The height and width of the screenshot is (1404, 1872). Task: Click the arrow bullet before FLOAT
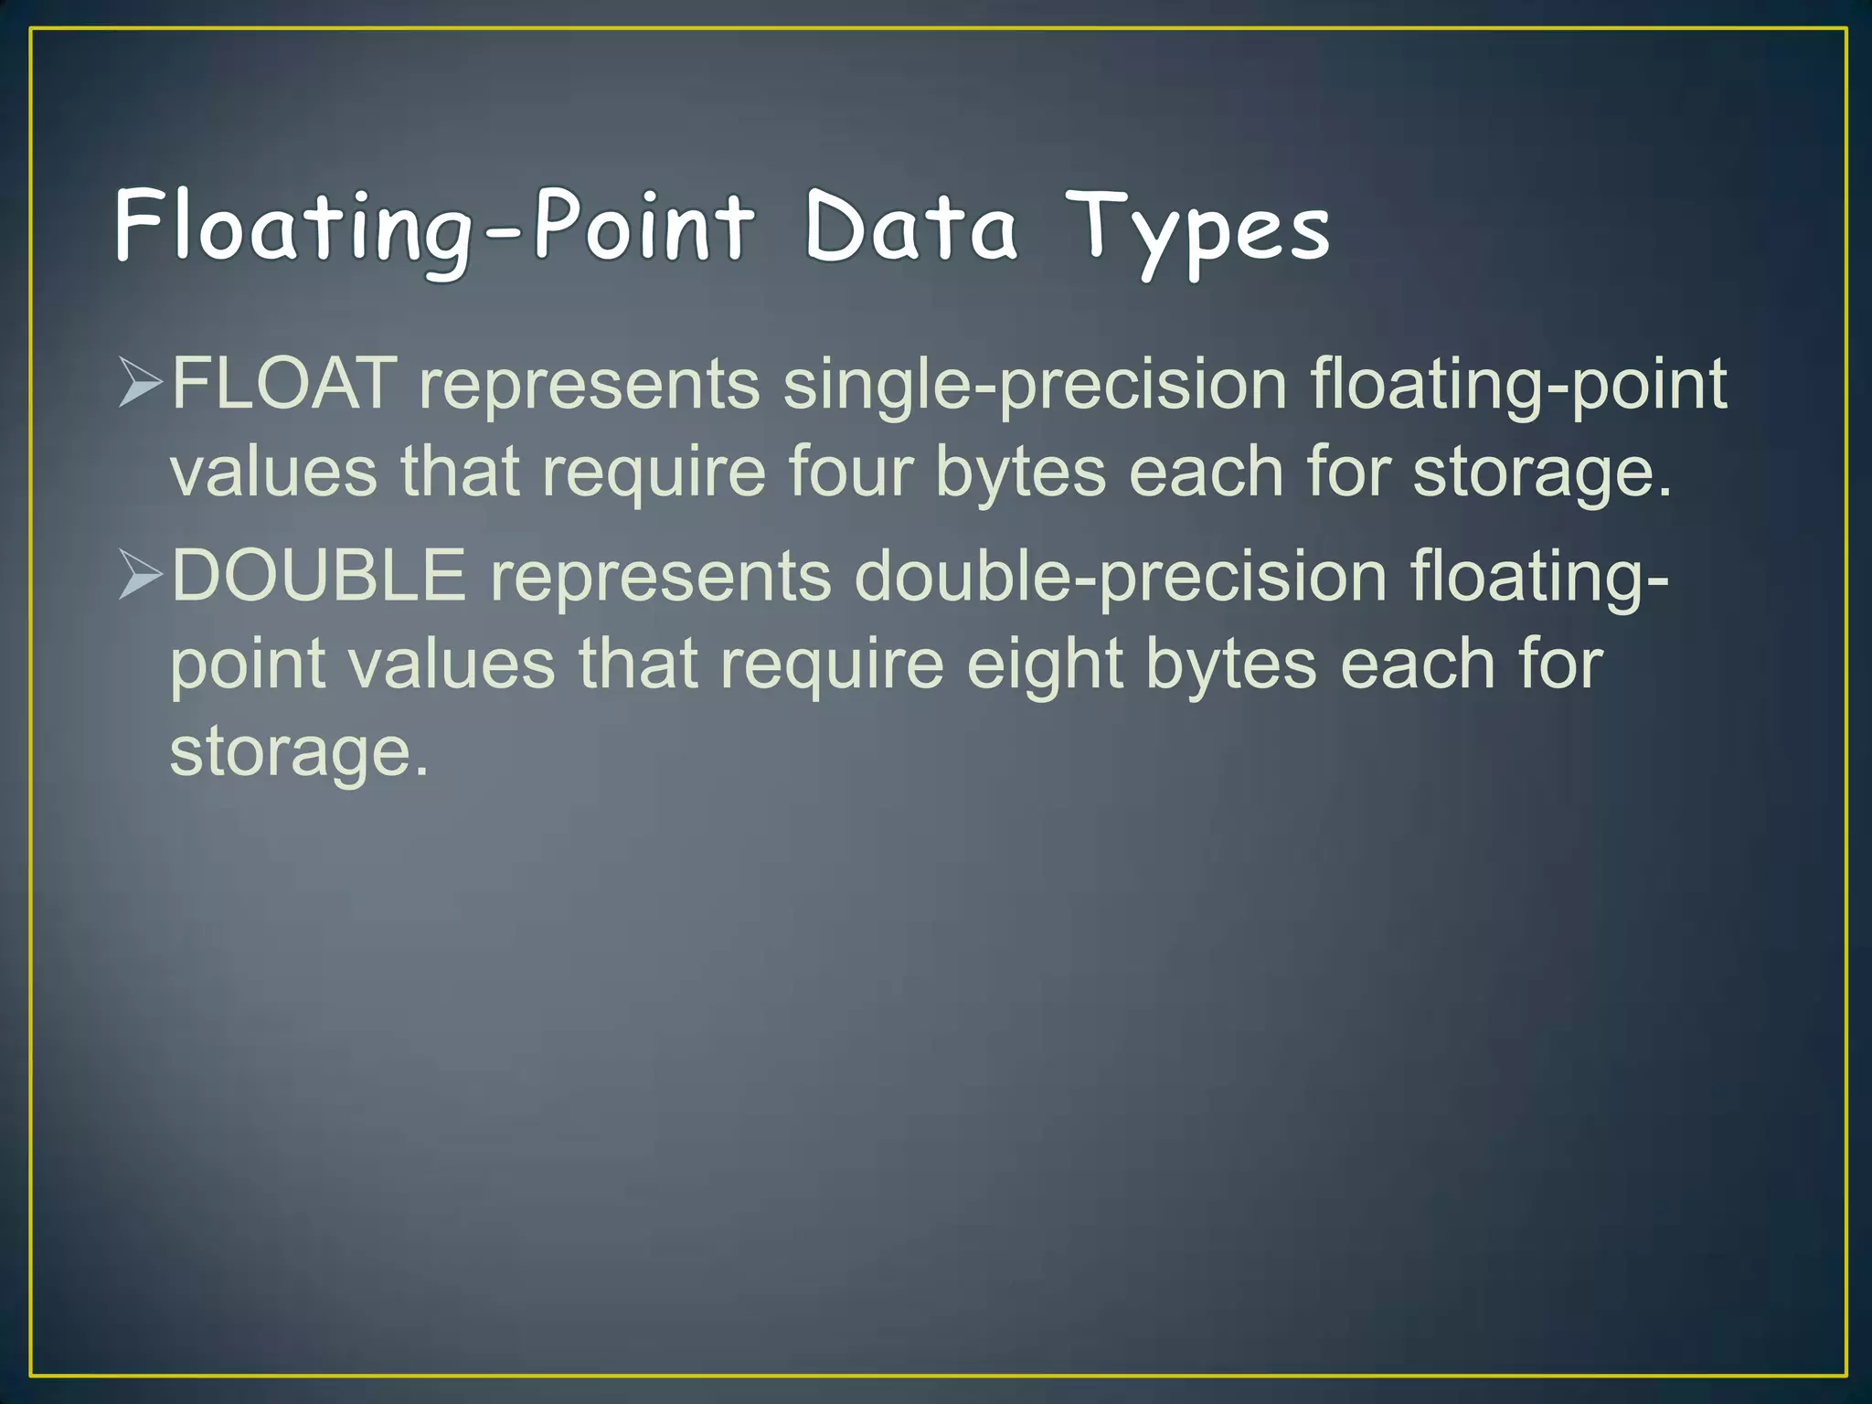[x=141, y=384]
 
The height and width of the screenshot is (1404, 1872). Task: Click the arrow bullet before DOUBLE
[x=141, y=576]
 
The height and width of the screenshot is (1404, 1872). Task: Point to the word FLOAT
[x=284, y=384]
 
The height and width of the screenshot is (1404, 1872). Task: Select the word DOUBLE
[x=318, y=576]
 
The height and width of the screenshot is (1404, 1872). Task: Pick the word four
[x=850, y=472]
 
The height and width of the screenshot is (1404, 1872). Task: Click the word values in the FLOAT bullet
[x=273, y=472]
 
